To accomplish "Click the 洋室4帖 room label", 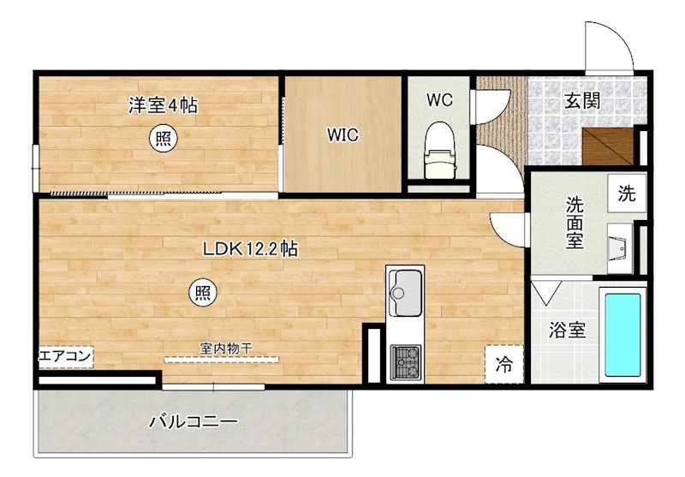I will coord(164,106).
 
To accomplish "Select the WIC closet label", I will coord(342,134).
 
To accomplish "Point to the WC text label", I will coord(439,99).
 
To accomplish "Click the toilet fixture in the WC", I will coord(438,149).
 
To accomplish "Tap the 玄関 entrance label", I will coord(581,101).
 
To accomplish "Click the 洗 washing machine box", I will coord(627,194).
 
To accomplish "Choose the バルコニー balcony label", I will coord(193,421).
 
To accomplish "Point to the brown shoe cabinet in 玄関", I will coord(607,146).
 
